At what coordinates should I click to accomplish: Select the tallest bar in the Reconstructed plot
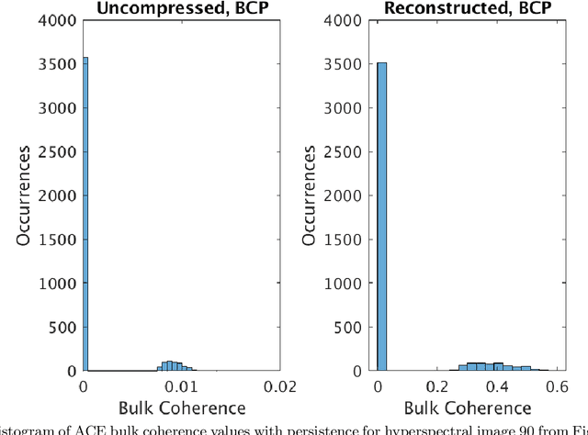[382, 217]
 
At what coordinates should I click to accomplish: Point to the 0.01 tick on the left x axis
[182, 385]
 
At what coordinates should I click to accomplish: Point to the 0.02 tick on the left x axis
[280, 385]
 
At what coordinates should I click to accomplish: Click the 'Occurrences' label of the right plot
[317, 196]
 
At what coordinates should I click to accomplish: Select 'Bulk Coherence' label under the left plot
[182, 407]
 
